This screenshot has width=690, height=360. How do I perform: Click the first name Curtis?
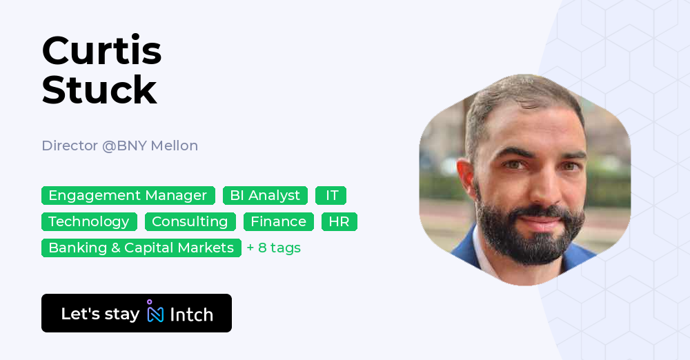tap(101, 51)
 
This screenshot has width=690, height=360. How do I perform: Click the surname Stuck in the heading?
tap(99, 90)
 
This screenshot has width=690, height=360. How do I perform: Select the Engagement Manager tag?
tap(128, 196)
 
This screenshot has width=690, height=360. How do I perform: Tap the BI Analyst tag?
tap(265, 196)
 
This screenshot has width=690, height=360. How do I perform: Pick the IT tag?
tap(331, 196)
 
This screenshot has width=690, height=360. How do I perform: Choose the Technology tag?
tap(88, 222)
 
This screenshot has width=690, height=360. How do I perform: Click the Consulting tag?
tap(190, 222)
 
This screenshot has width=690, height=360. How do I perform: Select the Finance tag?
tap(278, 222)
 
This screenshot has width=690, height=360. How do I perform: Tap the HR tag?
tap(339, 222)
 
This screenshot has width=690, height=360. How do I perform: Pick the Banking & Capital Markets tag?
tap(141, 248)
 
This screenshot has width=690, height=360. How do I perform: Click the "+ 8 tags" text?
tap(274, 248)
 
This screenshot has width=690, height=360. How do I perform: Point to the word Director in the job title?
tap(69, 146)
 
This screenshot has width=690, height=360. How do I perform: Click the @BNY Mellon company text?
tap(150, 146)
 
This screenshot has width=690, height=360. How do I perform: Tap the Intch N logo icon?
tap(155, 314)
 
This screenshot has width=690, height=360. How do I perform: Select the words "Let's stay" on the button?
tap(100, 314)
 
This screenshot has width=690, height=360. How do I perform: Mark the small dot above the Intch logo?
tap(150, 302)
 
